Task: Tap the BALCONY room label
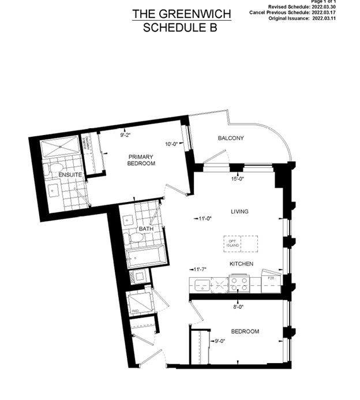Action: coord(231,139)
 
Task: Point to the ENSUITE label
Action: coord(69,174)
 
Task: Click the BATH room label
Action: coord(146,229)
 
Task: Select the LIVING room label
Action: coord(239,212)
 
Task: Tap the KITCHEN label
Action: coord(241,264)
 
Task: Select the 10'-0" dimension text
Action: coord(172,144)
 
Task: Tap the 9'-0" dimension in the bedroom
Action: coord(219,341)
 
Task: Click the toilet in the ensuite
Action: coord(56,169)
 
